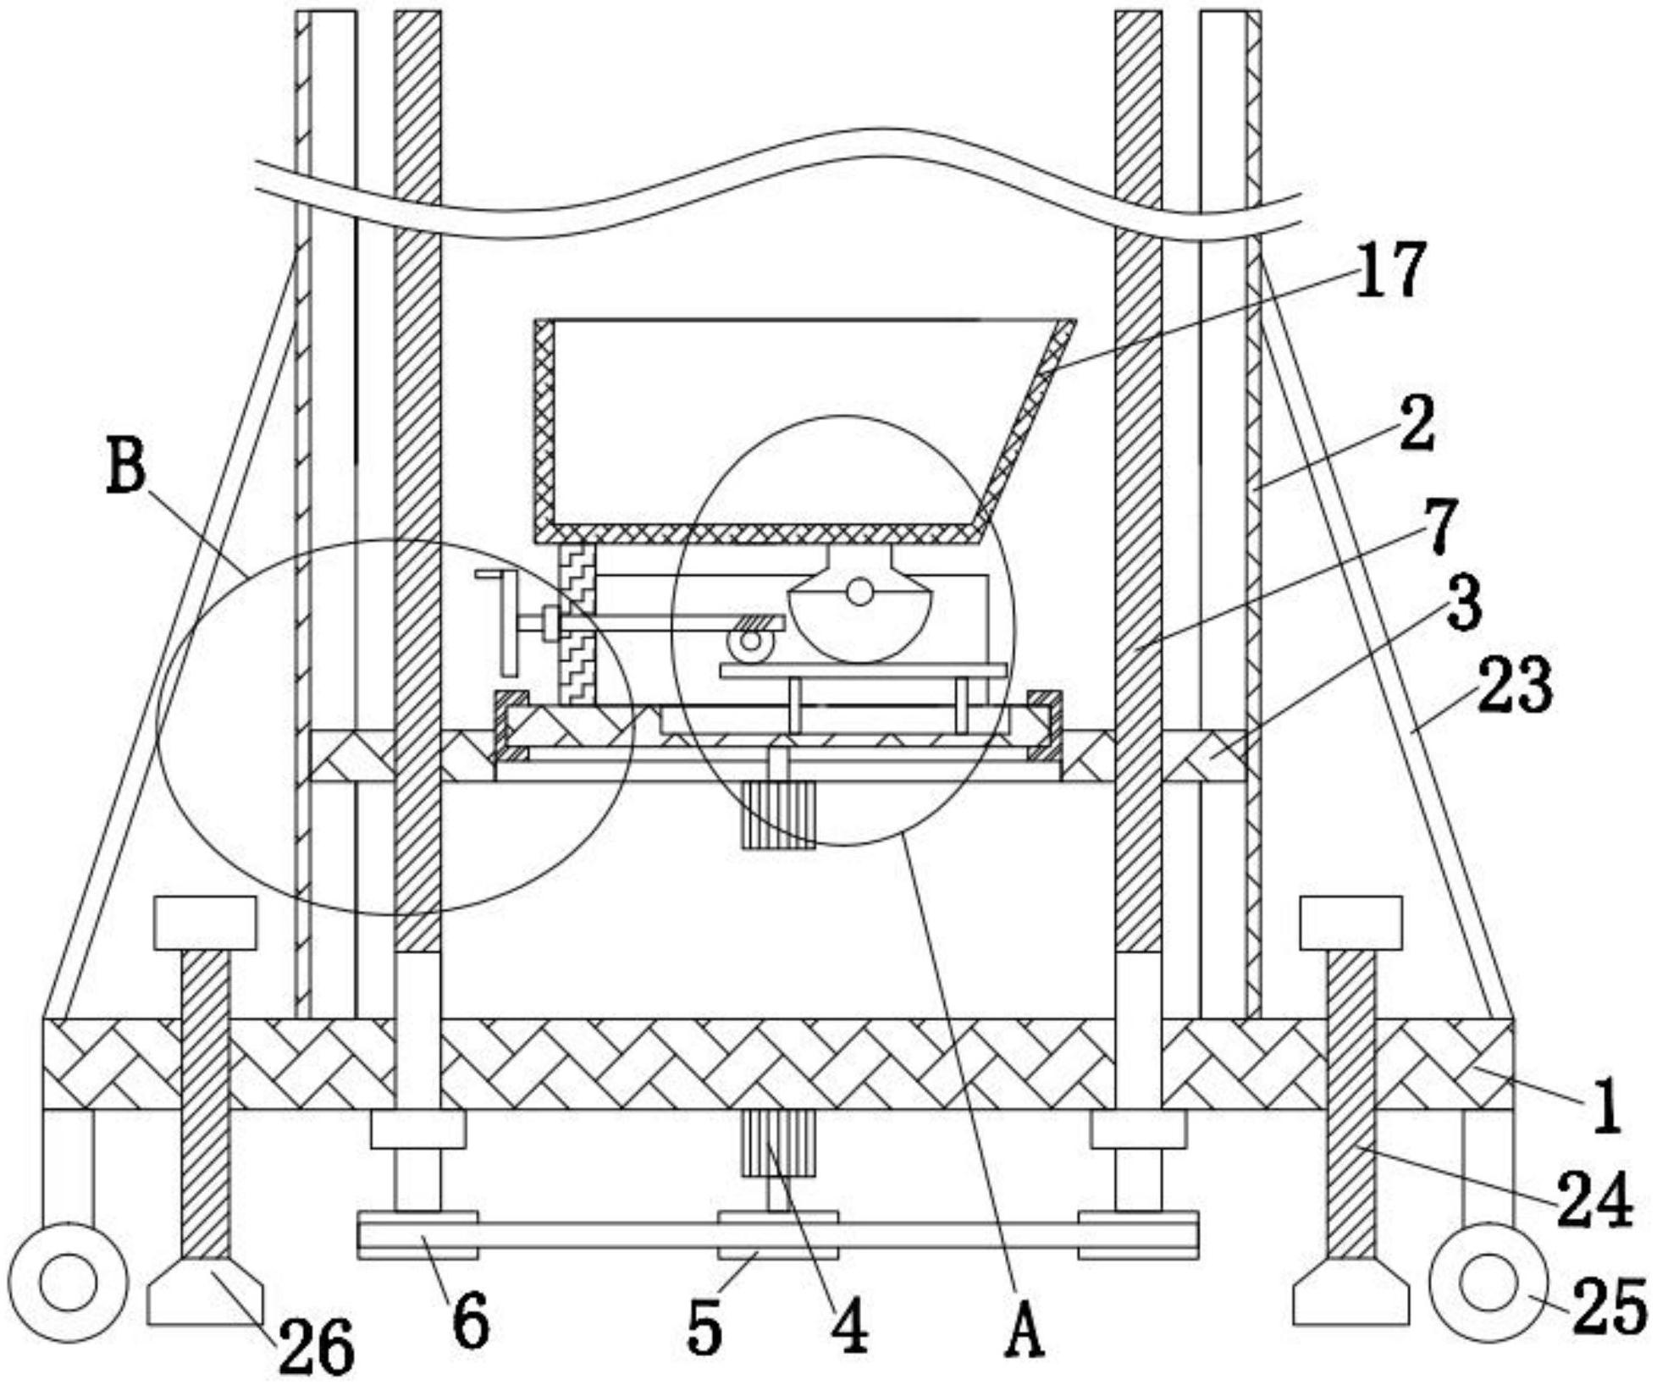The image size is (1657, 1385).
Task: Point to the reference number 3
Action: [x=1464, y=602]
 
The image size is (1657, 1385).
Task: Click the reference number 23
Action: [x=1515, y=682]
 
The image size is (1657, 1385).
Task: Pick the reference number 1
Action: [x=1606, y=1107]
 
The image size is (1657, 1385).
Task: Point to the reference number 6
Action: [x=471, y=1322]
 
